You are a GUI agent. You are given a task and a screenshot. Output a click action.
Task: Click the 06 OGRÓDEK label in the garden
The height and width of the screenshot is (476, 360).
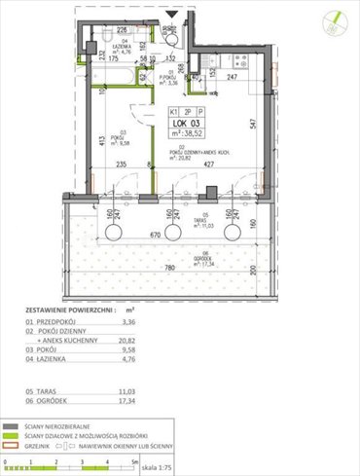[x=201, y=259]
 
